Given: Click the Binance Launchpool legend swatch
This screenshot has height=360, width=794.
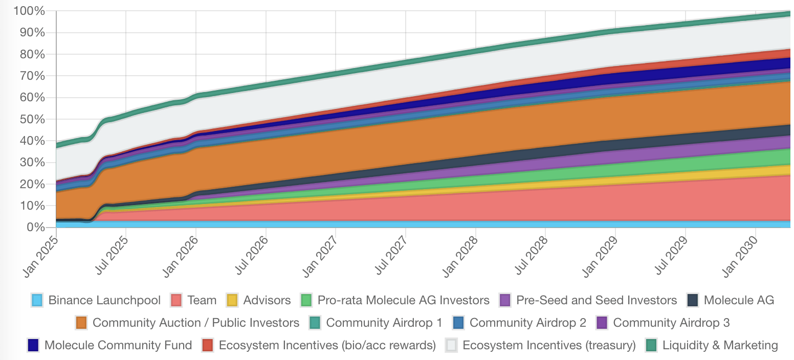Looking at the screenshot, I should pyautogui.click(x=37, y=300).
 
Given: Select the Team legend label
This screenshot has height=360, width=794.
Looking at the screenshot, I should pyautogui.click(x=202, y=300).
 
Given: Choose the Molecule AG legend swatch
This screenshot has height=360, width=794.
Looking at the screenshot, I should pyautogui.click(x=693, y=300).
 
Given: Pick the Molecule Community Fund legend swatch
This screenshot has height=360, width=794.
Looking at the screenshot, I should pyautogui.click(x=34, y=345).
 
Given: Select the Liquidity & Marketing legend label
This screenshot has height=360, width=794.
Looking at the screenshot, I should pyautogui.click(x=720, y=345).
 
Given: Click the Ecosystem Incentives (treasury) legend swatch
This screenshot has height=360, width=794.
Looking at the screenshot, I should pyautogui.click(x=452, y=345).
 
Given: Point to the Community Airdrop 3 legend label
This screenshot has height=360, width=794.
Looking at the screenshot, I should pyautogui.click(x=671, y=323).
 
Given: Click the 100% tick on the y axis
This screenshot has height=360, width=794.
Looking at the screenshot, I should pyautogui.click(x=30, y=11).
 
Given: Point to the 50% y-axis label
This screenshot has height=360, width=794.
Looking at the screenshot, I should pyautogui.click(x=32, y=119).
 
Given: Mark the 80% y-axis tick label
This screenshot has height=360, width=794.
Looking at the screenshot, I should pyautogui.click(x=32, y=55).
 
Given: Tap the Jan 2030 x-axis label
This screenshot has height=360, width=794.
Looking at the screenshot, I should pyautogui.click(x=743, y=251).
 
